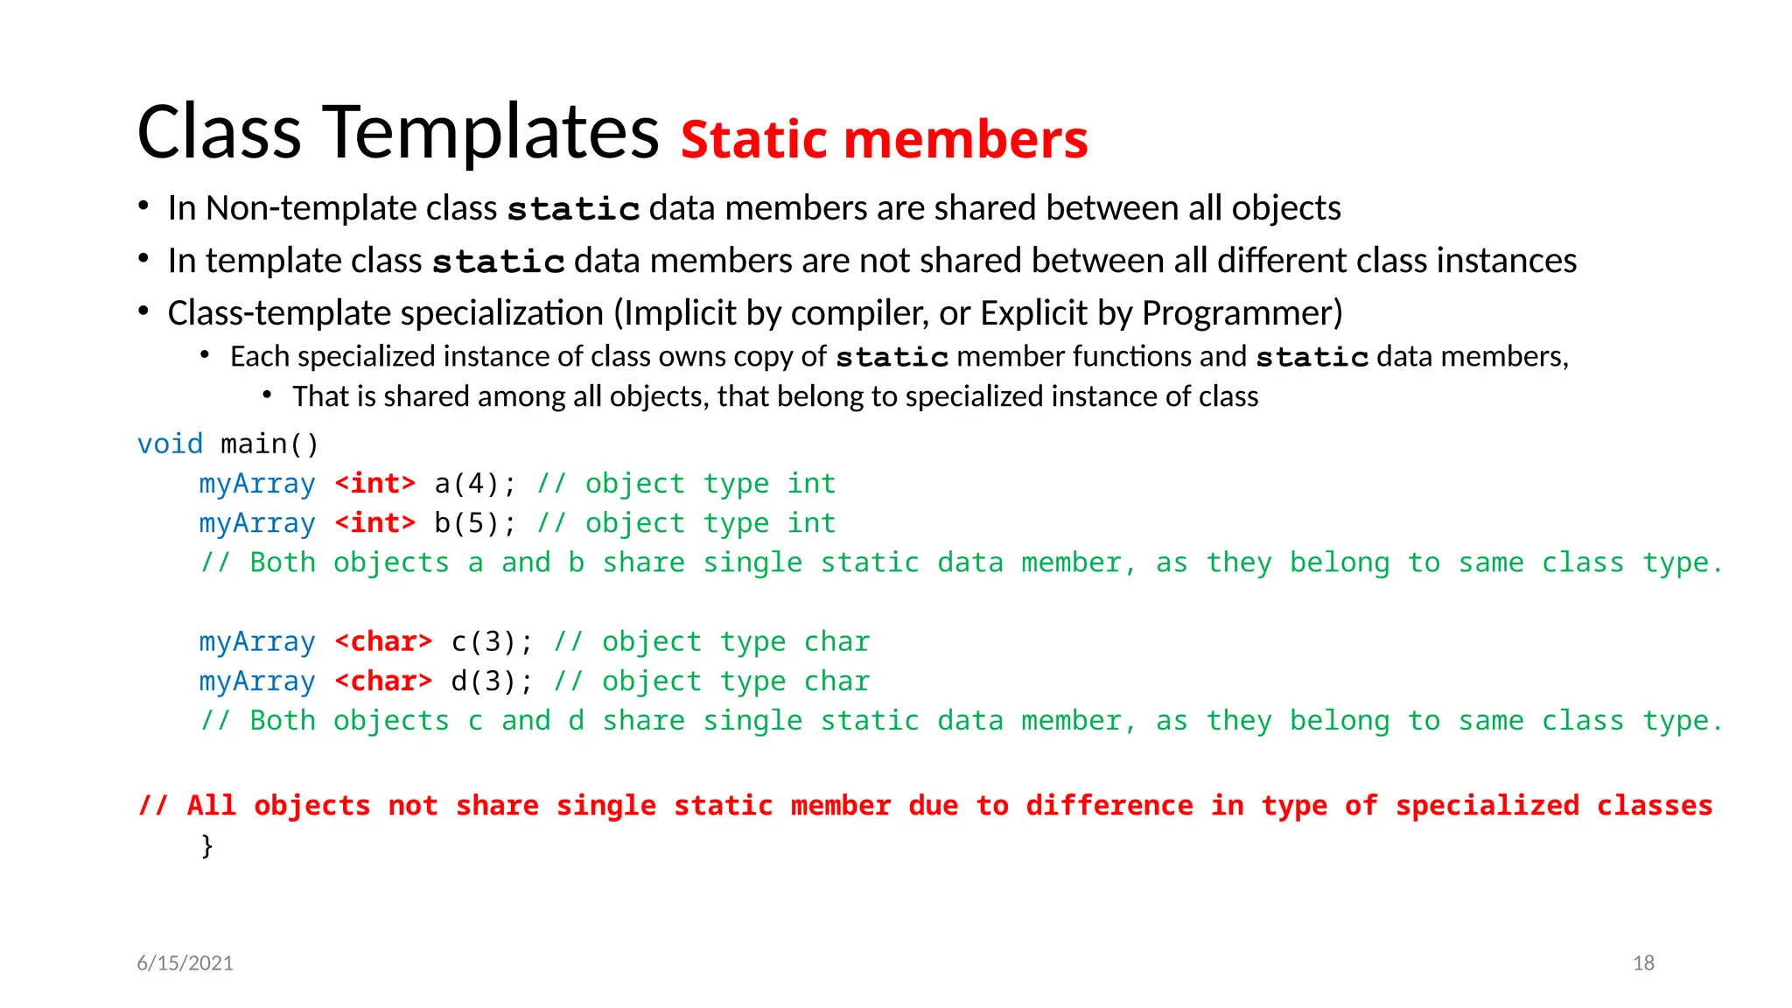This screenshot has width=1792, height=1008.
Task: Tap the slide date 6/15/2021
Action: [x=185, y=963]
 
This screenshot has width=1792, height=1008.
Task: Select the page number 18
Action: [x=1643, y=963]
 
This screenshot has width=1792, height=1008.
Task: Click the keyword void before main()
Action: [x=170, y=444]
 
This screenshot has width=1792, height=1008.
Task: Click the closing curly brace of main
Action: [x=206, y=846]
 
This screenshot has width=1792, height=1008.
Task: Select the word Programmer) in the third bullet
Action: [x=1242, y=313]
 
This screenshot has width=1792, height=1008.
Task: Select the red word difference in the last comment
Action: [x=1109, y=806]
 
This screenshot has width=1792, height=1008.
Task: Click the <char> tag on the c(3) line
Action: [x=383, y=642]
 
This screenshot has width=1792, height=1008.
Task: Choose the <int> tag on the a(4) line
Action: [x=374, y=484]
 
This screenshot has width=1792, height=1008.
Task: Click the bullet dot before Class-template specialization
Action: [x=143, y=311]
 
